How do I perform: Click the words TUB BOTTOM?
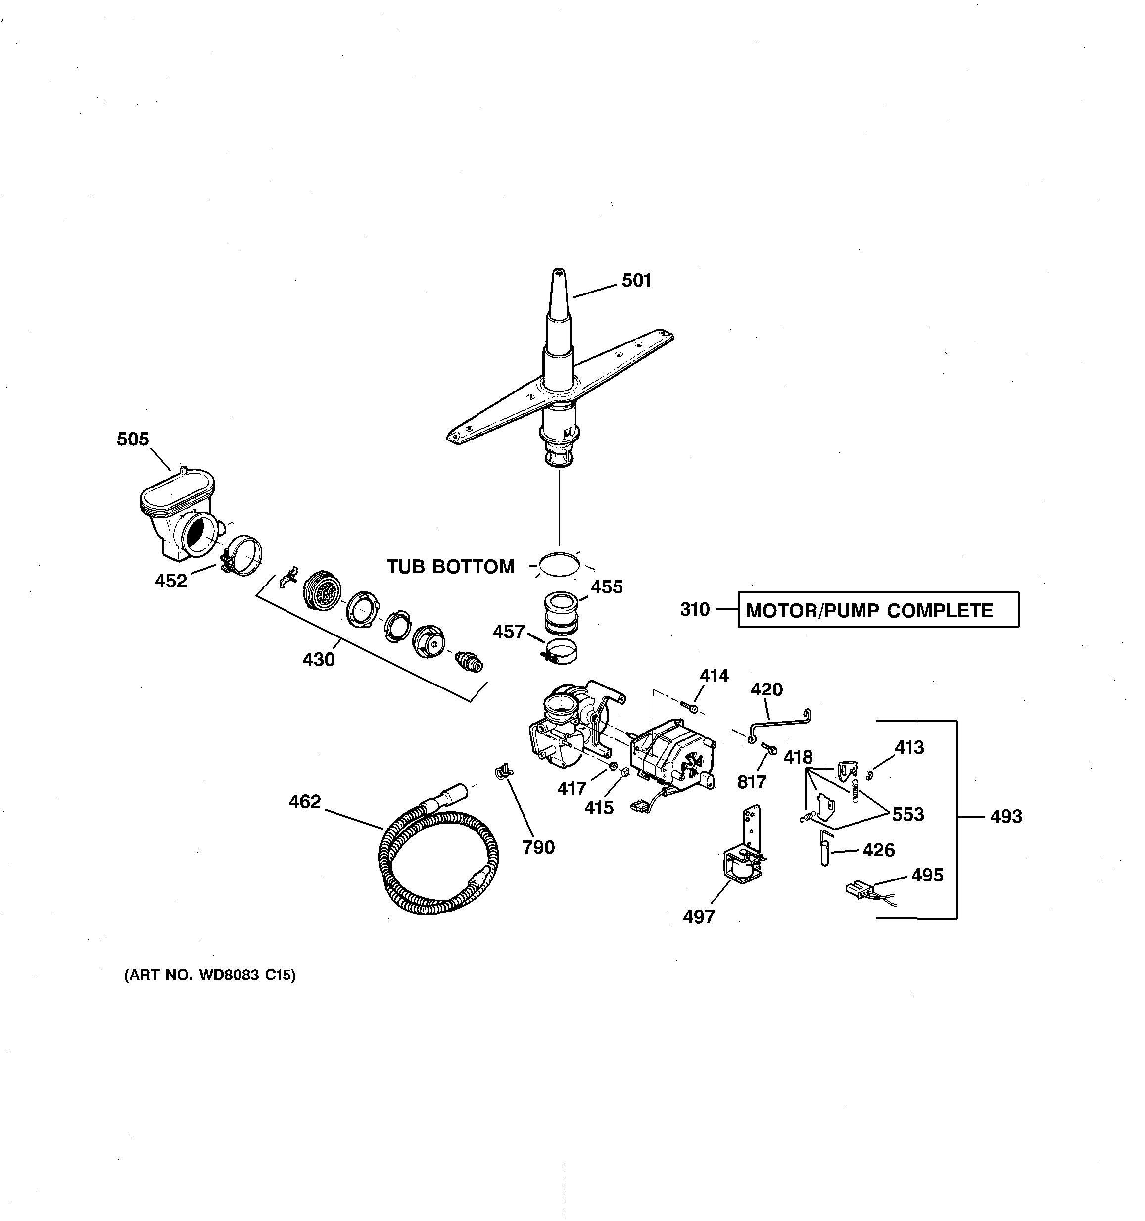point(451,566)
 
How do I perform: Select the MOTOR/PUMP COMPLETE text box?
point(878,610)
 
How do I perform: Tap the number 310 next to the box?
point(694,609)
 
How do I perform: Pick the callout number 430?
point(319,660)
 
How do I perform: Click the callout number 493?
point(1005,816)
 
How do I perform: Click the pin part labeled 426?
point(824,849)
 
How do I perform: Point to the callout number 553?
point(907,814)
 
